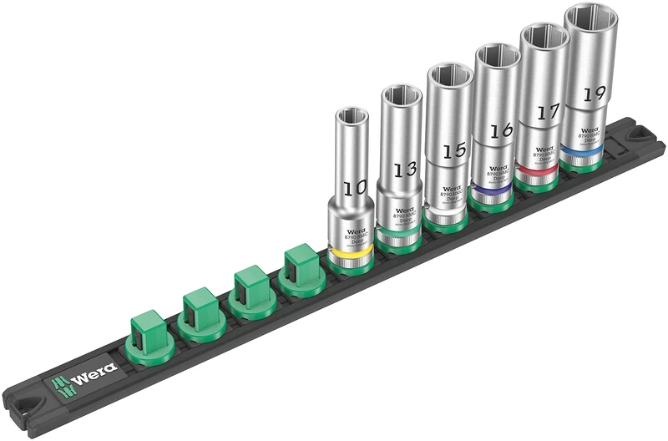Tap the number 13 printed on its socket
pyautogui.click(x=405, y=169)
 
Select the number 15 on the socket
pyautogui.click(x=454, y=152)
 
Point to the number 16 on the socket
pyautogui.click(x=501, y=130)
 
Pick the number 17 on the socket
pyautogui.click(x=548, y=111)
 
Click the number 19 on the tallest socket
pyautogui.click(x=594, y=93)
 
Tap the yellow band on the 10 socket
pyautogui.click(x=350, y=251)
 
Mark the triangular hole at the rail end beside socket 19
pyautogui.click(x=642, y=133)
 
